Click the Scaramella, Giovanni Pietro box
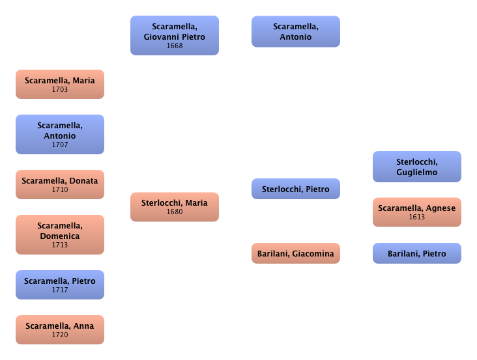pyautogui.click(x=174, y=36)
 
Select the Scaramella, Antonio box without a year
pyautogui.click(x=295, y=31)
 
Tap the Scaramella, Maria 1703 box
pyautogui.click(x=60, y=85)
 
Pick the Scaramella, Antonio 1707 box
pyautogui.click(x=60, y=135)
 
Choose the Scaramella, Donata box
pyautogui.click(x=60, y=185)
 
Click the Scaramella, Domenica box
pyautogui.click(x=60, y=234)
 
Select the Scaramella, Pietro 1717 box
pyautogui.click(x=60, y=285)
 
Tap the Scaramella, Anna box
pyautogui.click(x=60, y=330)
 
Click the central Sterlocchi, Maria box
pyautogui.click(x=174, y=207)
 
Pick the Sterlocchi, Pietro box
pyautogui.click(x=295, y=189)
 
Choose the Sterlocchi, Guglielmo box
pyautogui.click(x=416, y=167)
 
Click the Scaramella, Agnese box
pyautogui.click(x=416, y=212)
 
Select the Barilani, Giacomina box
pyautogui.click(x=295, y=253)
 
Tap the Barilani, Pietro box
pyautogui.click(x=416, y=253)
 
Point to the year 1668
pyautogui.click(x=174, y=46)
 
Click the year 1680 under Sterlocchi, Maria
pyautogui.click(x=174, y=212)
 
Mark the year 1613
pyautogui.click(x=416, y=217)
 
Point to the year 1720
pyautogui.click(x=60, y=335)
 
